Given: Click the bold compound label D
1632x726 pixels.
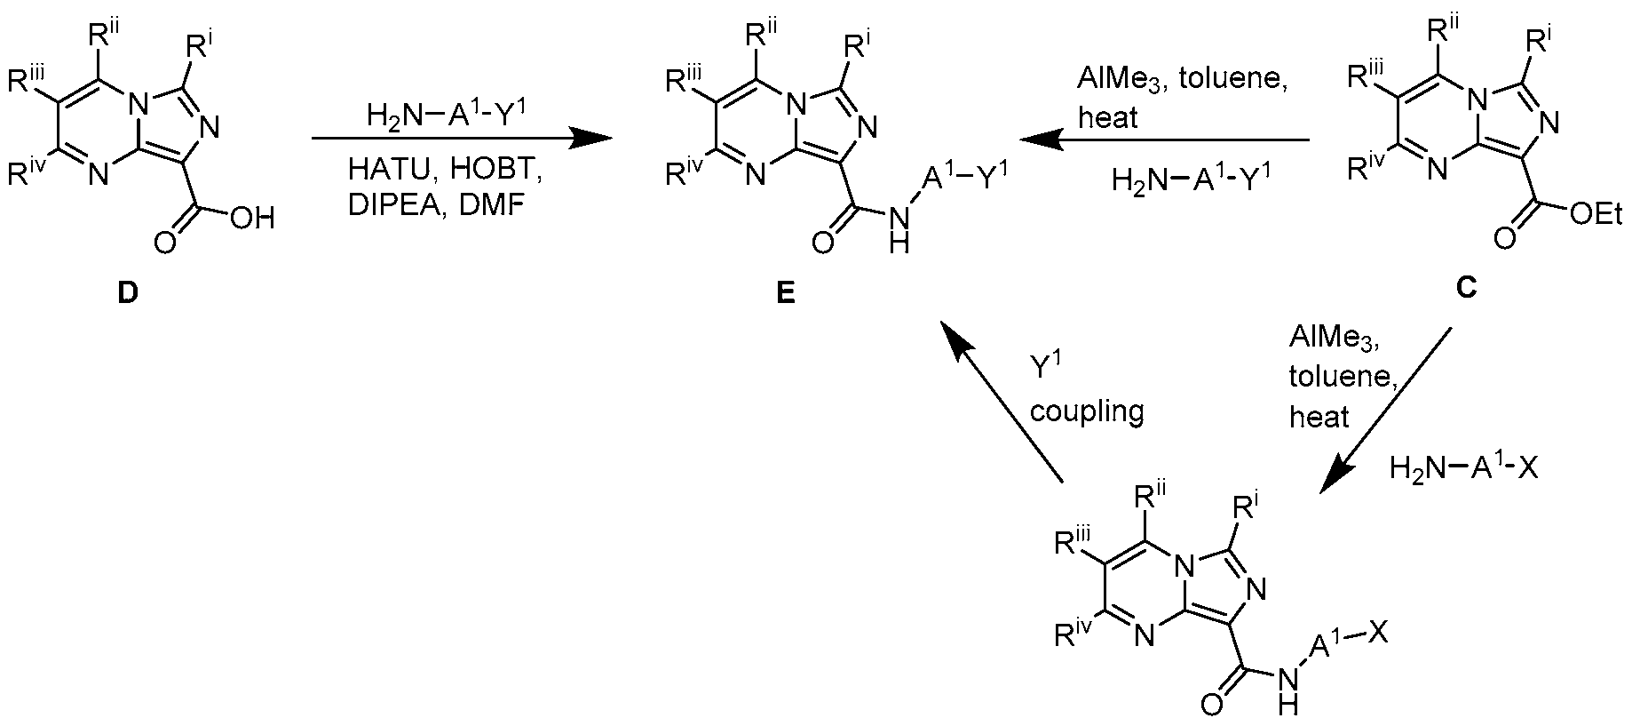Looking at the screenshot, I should [129, 293].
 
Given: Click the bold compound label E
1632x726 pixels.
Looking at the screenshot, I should [785, 293].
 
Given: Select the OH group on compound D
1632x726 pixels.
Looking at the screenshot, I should [252, 218].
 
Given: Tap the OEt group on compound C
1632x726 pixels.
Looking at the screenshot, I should [1596, 214].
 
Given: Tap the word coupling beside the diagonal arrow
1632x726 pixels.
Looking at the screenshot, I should [1088, 411].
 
